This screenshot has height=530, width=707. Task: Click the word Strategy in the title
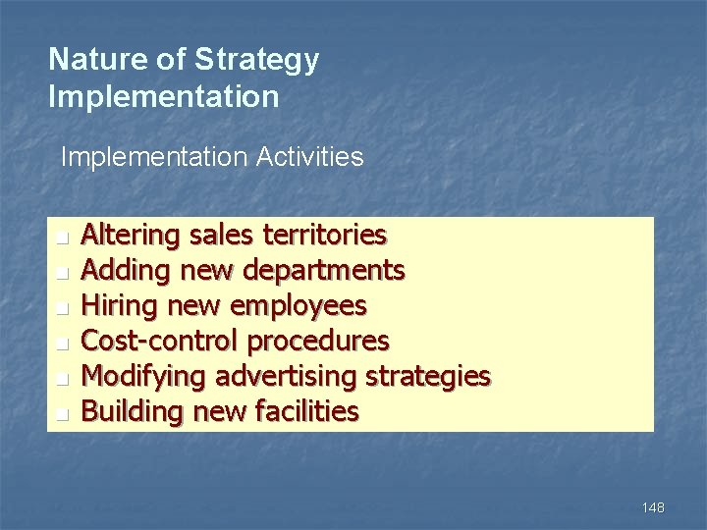pyautogui.click(x=257, y=61)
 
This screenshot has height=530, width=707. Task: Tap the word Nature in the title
pyautogui.click(x=89, y=60)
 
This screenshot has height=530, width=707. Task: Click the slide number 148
pyautogui.click(x=652, y=507)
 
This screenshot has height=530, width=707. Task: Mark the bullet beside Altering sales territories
pyautogui.click(x=62, y=238)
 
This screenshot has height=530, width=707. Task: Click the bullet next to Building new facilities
pyautogui.click(x=62, y=414)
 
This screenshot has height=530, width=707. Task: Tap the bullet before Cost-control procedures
pyautogui.click(x=62, y=344)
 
